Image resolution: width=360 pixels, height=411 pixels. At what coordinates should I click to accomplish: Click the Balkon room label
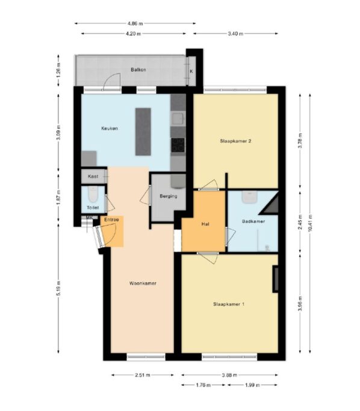click(138, 70)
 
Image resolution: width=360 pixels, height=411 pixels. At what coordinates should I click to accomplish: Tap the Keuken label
click(110, 128)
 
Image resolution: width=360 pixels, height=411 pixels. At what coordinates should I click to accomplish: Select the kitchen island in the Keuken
click(143, 132)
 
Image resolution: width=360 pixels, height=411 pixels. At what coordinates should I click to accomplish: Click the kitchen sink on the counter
click(178, 119)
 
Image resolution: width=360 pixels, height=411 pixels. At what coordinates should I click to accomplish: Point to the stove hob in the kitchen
click(178, 145)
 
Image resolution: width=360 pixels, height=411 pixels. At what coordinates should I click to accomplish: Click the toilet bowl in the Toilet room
click(93, 194)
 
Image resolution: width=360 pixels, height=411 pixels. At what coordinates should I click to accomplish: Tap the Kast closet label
click(93, 176)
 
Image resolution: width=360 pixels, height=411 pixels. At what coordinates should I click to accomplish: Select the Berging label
click(169, 196)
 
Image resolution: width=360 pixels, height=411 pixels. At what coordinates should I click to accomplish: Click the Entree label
click(111, 220)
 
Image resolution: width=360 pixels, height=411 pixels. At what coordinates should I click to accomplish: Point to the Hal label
click(205, 224)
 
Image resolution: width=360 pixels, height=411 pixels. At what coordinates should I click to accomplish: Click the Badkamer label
click(253, 221)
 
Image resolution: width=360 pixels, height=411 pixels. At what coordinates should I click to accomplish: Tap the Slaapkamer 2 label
click(236, 141)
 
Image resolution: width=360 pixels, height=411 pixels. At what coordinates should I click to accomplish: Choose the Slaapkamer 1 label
click(229, 304)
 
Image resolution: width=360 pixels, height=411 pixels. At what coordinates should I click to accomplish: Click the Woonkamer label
click(143, 283)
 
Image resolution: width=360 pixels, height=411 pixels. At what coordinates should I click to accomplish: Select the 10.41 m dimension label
click(310, 223)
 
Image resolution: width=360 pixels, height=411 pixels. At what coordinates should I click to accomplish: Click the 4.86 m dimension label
click(135, 23)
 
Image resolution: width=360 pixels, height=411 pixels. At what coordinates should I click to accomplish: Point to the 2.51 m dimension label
click(143, 375)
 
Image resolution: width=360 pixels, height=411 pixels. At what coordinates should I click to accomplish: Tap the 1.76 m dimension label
click(203, 385)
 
